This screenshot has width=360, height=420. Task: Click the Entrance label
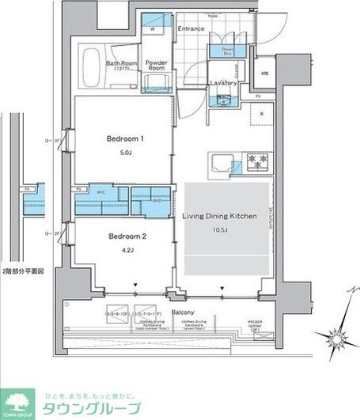[x=191, y=29]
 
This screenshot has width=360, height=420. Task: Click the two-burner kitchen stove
[x=258, y=162]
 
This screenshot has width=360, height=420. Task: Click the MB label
[x=264, y=76]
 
